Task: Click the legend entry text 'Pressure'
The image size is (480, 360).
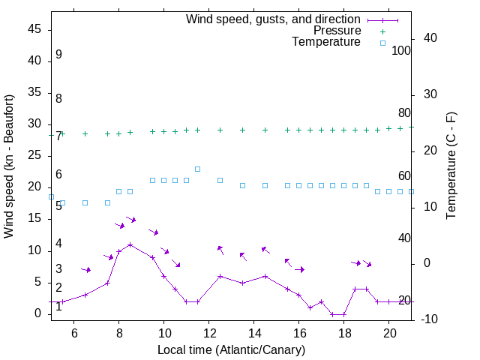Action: [337, 31]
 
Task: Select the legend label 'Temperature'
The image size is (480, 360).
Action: [326, 43]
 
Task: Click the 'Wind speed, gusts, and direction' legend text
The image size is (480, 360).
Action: [274, 19]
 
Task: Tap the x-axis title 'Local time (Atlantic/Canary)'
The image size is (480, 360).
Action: [231, 350]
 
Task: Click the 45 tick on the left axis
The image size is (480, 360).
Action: [35, 28]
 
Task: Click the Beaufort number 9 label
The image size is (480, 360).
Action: [58, 55]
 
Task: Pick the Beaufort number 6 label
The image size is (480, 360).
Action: [58, 175]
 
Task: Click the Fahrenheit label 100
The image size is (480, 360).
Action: [402, 51]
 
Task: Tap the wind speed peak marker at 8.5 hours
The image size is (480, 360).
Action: [130, 244]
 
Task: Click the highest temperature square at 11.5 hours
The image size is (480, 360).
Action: [197, 169]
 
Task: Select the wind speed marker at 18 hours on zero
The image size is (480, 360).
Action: [343, 314]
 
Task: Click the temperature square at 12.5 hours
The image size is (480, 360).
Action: [220, 180]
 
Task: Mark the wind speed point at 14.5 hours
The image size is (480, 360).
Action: [265, 276]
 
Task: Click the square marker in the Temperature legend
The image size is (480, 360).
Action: [382, 43]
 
